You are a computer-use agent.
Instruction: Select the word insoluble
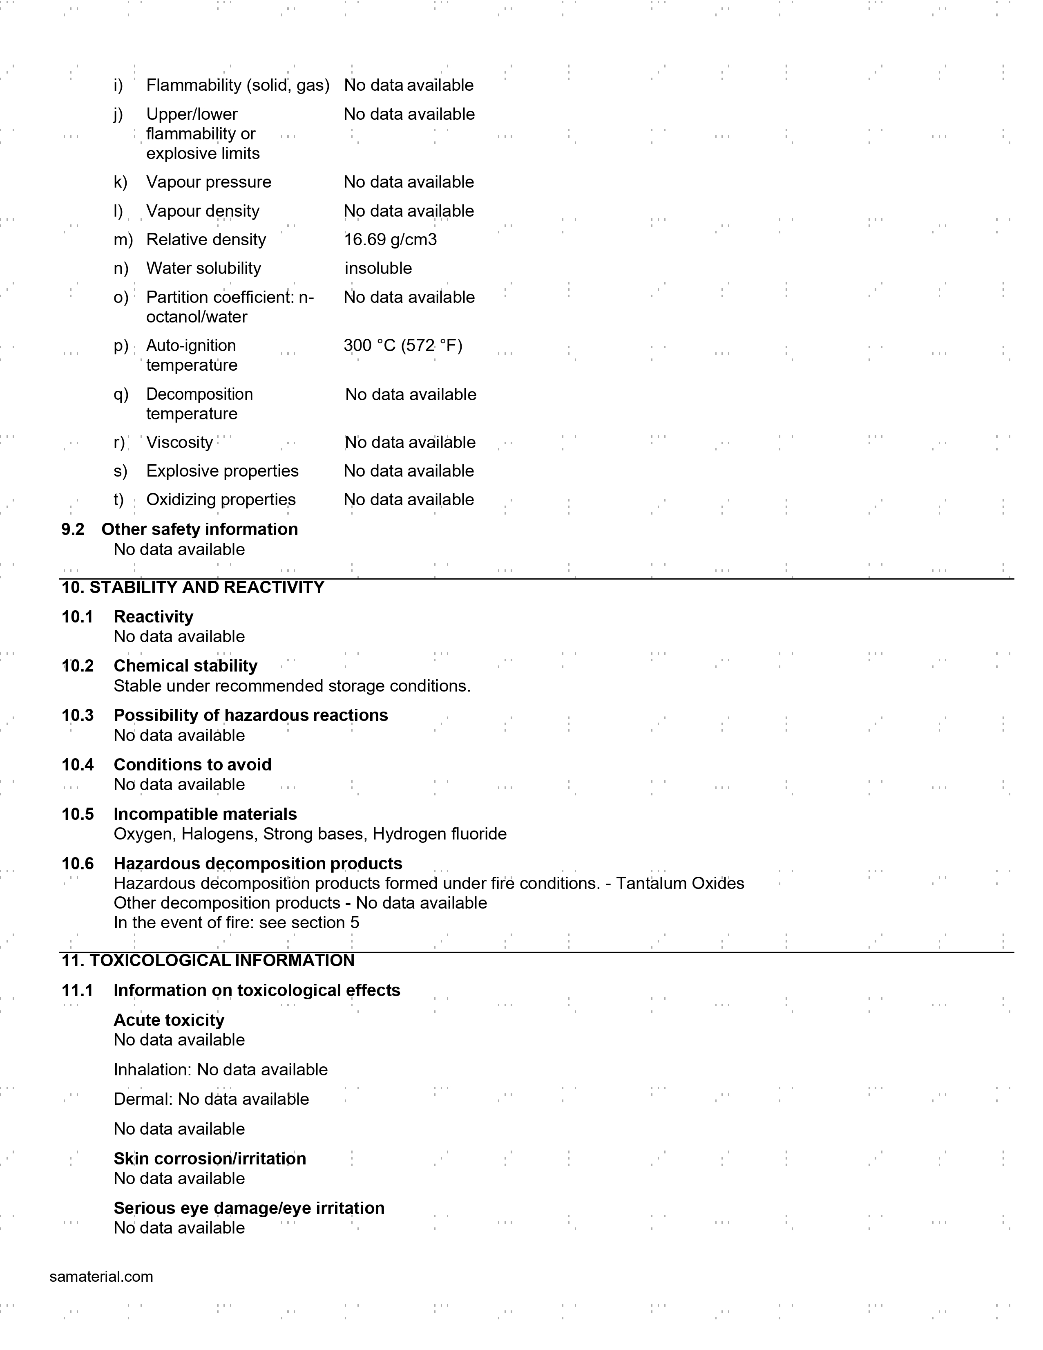(x=378, y=268)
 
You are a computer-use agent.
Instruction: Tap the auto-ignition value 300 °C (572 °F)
(x=403, y=345)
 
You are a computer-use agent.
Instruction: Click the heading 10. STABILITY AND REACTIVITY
(x=193, y=587)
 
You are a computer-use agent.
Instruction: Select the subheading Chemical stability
(x=185, y=666)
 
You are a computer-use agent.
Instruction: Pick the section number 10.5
(x=77, y=814)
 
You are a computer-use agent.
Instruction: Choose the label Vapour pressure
(x=209, y=182)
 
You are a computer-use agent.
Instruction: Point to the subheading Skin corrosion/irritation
(x=210, y=1158)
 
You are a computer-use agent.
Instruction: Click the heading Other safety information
(x=200, y=529)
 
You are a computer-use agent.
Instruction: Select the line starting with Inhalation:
(x=221, y=1069)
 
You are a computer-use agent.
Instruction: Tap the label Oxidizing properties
(x=221, y=499)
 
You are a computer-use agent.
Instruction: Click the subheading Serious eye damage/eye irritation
(x=249, y=1208)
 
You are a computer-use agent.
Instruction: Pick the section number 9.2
(x=73, y=529)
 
